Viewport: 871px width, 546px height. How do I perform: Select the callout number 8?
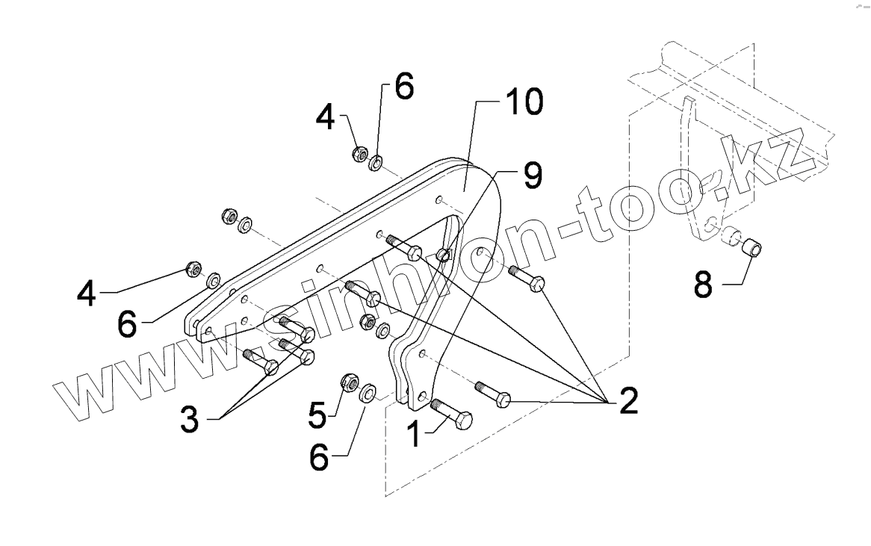pos(704,285)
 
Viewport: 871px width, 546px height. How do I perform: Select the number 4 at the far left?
pos(87,294)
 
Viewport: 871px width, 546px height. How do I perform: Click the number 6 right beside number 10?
pos(402,89)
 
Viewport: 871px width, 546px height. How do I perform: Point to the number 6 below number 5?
pos(319,458)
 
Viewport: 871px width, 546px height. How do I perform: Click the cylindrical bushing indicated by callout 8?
pos(751,246)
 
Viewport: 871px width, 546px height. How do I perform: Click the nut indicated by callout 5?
pos(347,383)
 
